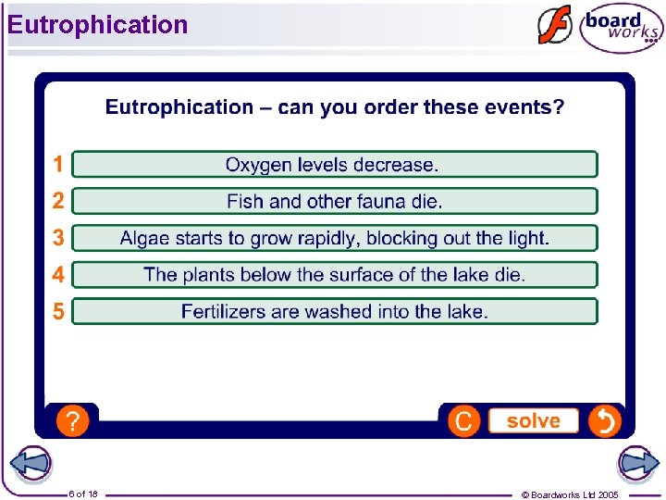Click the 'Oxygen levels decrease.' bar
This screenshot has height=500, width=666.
[334, 165]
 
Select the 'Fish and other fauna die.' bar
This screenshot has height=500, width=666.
[334, 201]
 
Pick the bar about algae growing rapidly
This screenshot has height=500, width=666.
[334, 238]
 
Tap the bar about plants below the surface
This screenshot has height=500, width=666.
[334, 275]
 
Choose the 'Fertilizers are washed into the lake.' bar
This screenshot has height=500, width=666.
[334, 311]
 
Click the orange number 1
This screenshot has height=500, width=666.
[58, 165]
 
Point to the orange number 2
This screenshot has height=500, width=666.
[58, 201]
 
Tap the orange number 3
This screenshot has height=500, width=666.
[58, 238]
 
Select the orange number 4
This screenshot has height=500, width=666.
[58, 275]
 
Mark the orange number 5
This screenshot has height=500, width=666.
[58, 311]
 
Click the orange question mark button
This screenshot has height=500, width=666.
[72, 421]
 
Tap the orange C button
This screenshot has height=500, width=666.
[463, 421]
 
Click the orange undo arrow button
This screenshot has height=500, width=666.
[604, 421]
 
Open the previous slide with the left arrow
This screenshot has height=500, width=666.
[31, 464]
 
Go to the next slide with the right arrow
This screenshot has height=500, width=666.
[637, 464]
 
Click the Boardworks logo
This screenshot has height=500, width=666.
[621, 29]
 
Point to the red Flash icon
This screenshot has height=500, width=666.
[554, 26]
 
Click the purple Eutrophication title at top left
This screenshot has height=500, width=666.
[97, 25]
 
